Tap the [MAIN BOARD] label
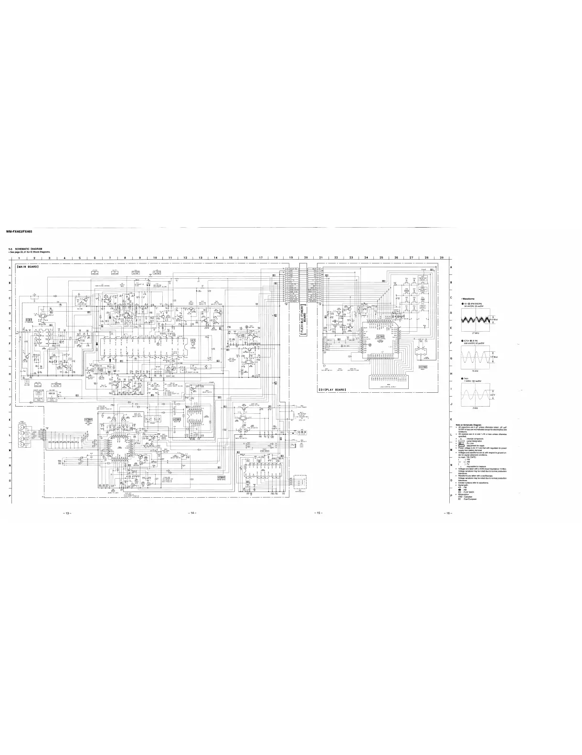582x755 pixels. tap(28, 267)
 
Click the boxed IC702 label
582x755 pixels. tap(423, 367)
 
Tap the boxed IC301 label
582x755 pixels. tap(88, 420)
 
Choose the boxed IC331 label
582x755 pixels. tap(177, 419)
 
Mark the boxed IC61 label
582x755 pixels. tap(29, 319)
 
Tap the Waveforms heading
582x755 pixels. tap(468, 299)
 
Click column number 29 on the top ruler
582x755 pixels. tap(442, 258)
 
